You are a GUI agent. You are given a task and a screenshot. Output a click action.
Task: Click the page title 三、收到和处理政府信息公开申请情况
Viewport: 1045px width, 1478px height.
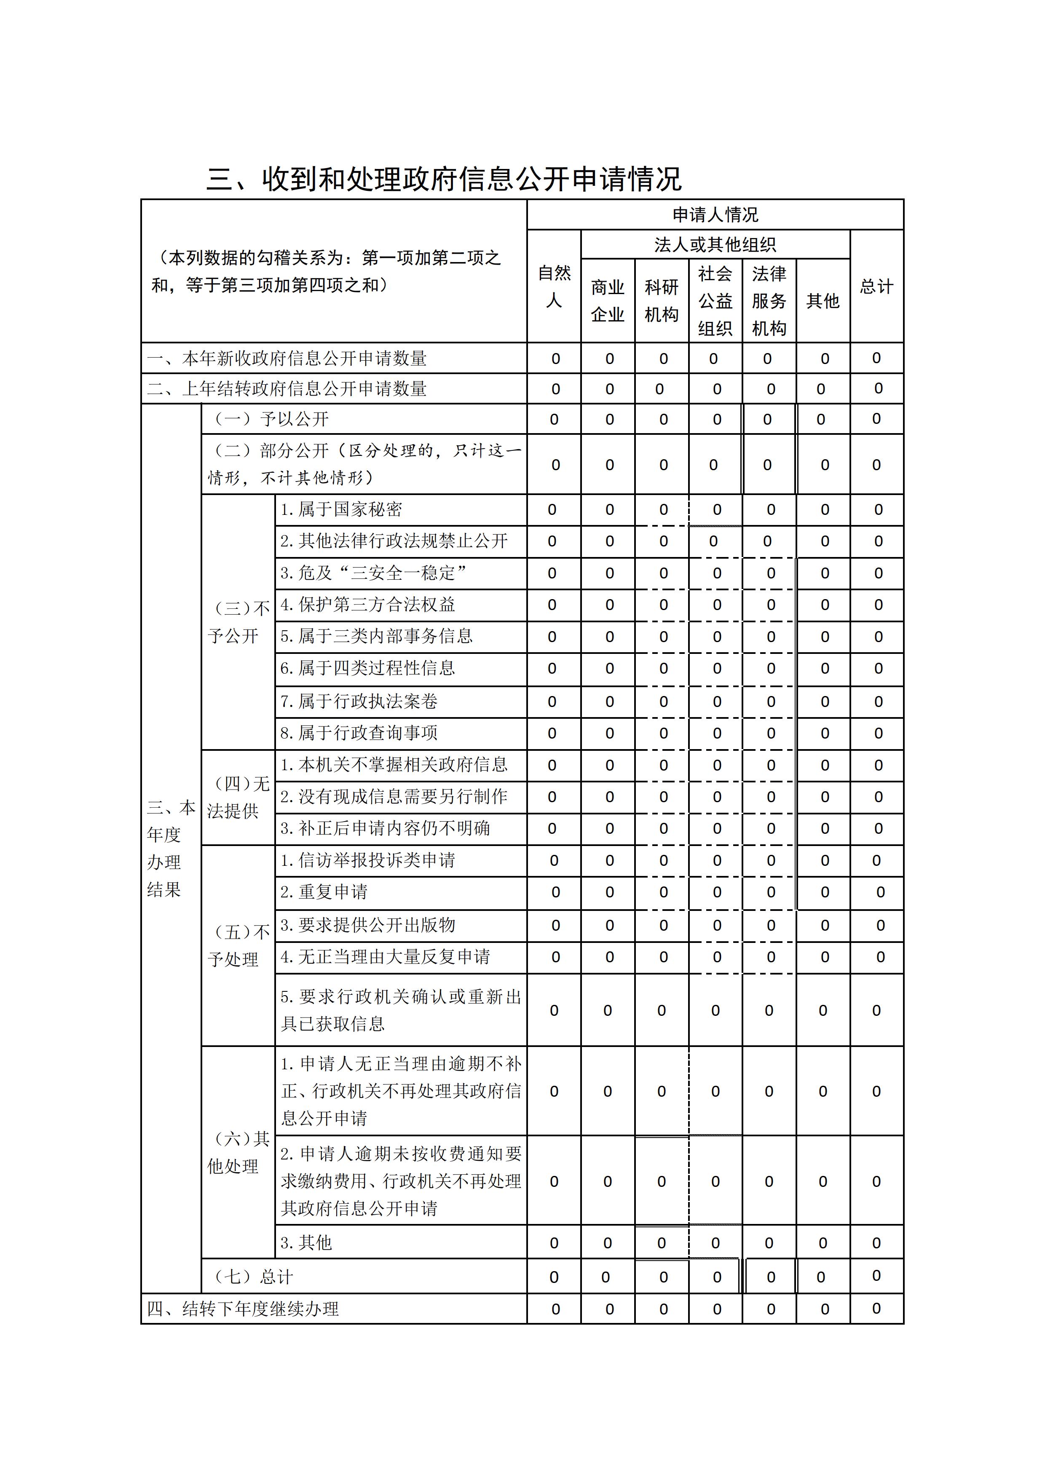[x=444, y=178]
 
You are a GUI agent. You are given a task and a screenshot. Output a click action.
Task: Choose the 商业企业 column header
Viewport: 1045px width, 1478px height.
[x=608, y=301]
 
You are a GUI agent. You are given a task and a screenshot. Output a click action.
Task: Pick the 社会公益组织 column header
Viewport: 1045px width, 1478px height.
[x=715, y=301]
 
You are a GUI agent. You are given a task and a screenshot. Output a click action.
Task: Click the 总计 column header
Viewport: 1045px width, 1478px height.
[x=876, y=286]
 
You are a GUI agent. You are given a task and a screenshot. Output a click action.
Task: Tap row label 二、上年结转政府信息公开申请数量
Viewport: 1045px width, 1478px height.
[x=287, y=389]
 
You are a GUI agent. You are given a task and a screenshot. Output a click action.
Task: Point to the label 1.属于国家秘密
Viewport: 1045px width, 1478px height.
[x=341, y=510]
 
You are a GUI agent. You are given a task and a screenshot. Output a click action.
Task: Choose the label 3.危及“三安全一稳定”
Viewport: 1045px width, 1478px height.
[x=373, y=573]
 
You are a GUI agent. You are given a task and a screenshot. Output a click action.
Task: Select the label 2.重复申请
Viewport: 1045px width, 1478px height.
[x=324, y=892]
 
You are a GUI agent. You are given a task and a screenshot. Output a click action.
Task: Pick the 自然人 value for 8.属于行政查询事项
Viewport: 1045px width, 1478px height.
[x=552, y=733]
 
